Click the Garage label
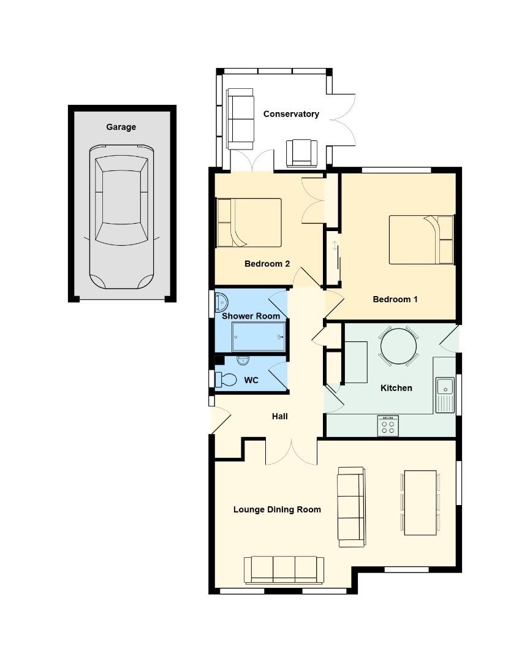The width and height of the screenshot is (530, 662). pyautogui.click(x=121, y=127)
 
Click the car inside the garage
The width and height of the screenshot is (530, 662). pyautogui.click(x=121, y=218)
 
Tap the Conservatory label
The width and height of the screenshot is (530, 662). pyautogui.click(x=291, y=114)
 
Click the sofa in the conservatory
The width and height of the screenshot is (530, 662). pyautogui.click(x=240, y=118)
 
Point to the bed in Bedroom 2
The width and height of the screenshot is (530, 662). pyautogui.click(x=248, y=223)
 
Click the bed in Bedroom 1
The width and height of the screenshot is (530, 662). pyautogui.click(x=422, y=240)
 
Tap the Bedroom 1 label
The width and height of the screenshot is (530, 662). pyautogui.click(x=395, y=299)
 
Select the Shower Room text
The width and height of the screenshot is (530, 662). pyautogui.click(x=251, y=316)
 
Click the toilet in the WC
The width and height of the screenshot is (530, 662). pyautogui.click(x=227, y=379)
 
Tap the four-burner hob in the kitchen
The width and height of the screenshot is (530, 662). pyautogui.click(x=388, y=426)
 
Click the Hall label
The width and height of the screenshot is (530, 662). pyautogui.click(x=279, y=416)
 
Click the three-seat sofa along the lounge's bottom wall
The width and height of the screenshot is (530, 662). pyautogui.click(x=284, y=570)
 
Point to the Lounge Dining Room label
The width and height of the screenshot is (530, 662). pyautogui.click(x=277, y=509)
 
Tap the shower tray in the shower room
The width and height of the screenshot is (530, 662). pyautogui.click(x=259, y=337)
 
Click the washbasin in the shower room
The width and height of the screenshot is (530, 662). pyautogui.click(x=222, y=303)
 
